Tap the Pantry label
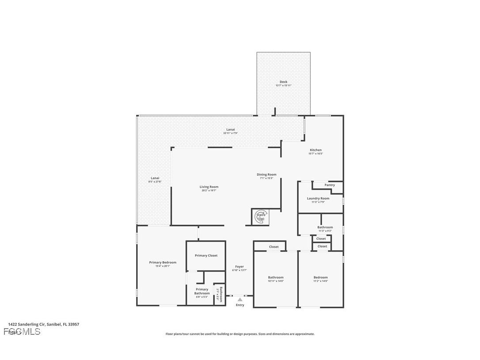pyautogui.click(x=330, y=185)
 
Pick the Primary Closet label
pyautogui.click(x=206, y=256)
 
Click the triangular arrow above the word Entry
pyautogui.click(x=240, y=299)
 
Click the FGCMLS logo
pyautogui.click(x=22, y=332)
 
